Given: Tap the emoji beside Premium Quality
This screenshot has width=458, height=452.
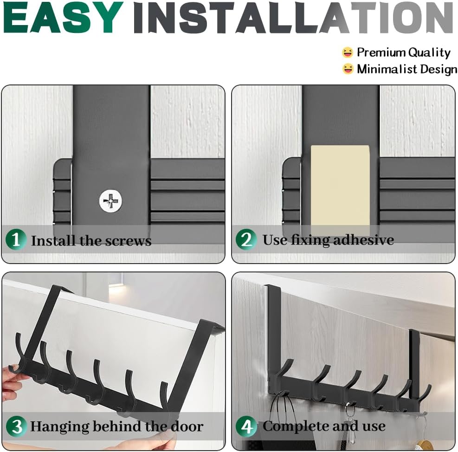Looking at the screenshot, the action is [x=348, y=52].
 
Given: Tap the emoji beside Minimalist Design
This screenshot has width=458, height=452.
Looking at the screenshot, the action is [x=348, y=69].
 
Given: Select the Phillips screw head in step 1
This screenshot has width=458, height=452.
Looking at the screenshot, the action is [x=110, y=201].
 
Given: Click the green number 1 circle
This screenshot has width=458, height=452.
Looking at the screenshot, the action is [x=16, y=239].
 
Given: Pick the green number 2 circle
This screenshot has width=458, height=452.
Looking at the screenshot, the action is [x=246, y=239].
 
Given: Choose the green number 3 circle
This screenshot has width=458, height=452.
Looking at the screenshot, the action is [x=17, y=426].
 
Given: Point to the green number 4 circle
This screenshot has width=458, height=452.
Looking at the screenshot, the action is [x=246, y=426].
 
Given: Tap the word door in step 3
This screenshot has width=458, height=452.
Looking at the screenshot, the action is [x=187, y=426].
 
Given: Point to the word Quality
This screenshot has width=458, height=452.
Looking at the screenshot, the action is [x=429, y=52].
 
